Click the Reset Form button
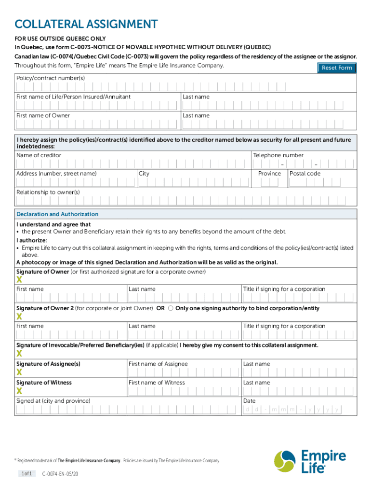[337, 68]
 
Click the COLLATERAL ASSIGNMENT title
[86, 24]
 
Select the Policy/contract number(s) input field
[185, 87]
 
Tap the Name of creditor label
[39, 155]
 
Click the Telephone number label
[278, 155]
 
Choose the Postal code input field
[321, 183]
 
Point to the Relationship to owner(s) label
[48, 192]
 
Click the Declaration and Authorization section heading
[57, 214]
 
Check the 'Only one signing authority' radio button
[171, 308]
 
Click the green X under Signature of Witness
[19, 391]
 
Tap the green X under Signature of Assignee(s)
[19, 372]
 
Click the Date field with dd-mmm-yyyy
[292, 410]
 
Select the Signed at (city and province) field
[128, 410]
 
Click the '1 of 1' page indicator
[26, 474]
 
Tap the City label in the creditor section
[144, 174]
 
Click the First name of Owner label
[43, 116]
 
